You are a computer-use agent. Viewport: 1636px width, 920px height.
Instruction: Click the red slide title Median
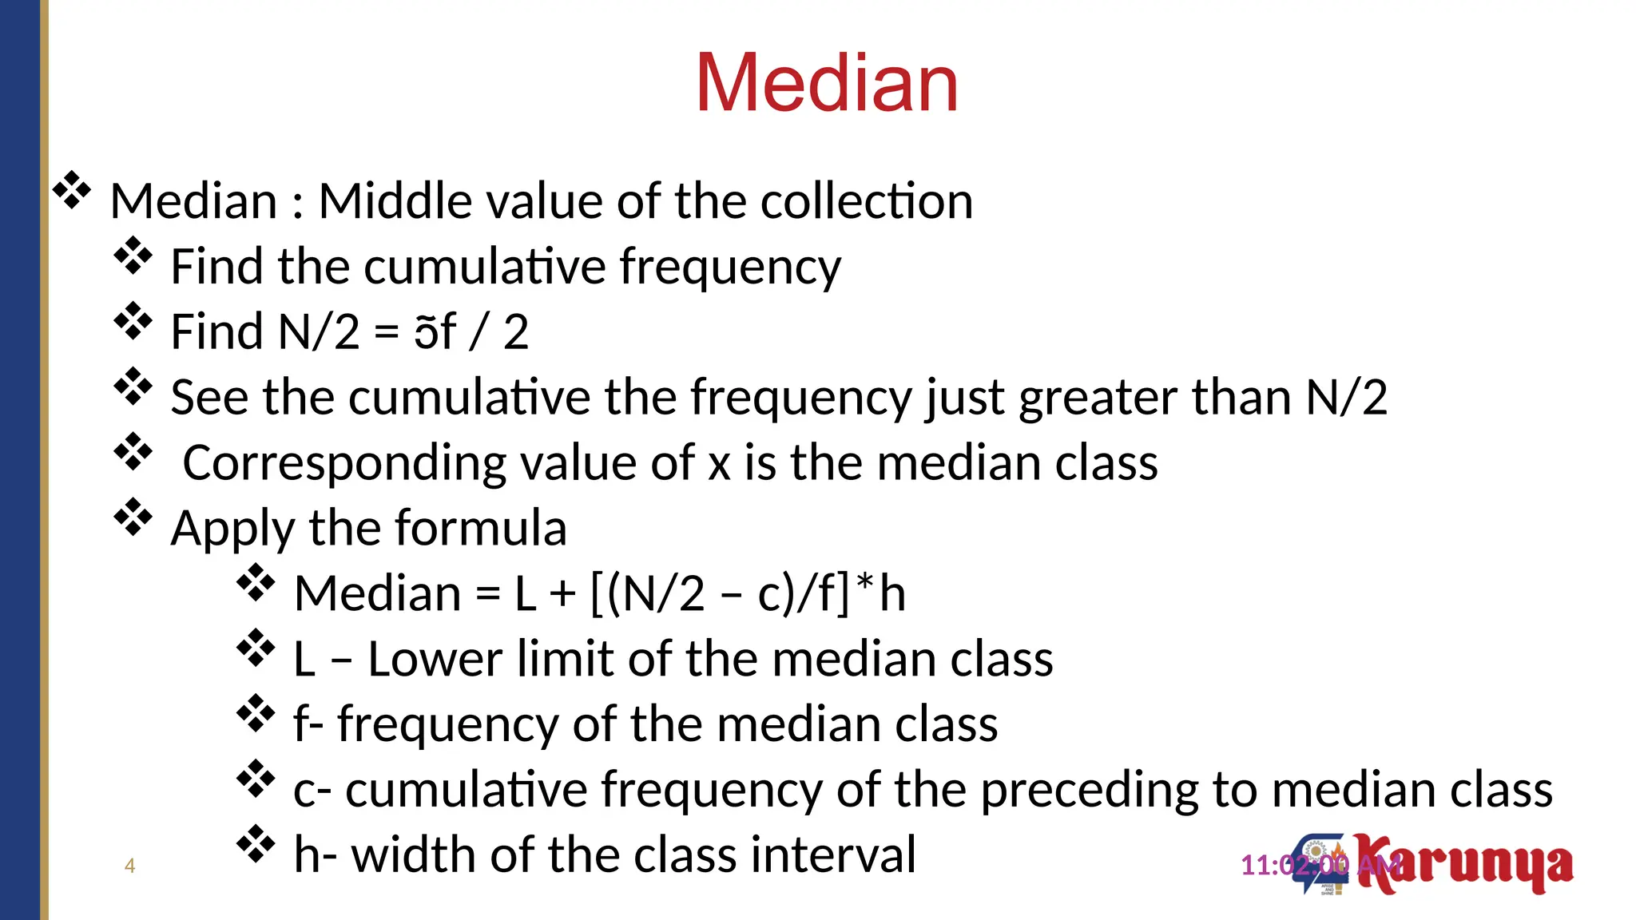827,83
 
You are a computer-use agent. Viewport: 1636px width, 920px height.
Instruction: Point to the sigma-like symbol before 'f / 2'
425,332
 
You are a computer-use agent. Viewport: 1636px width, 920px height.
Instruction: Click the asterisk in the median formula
864,585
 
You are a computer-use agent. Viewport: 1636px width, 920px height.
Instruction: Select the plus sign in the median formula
562,594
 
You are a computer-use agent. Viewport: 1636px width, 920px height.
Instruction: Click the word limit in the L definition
566,660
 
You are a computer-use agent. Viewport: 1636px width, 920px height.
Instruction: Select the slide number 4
130,866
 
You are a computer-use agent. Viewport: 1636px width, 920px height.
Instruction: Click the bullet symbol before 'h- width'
256,845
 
